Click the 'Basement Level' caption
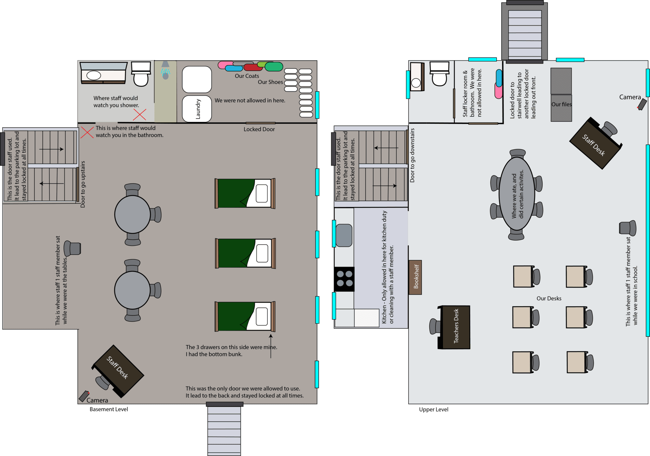109,409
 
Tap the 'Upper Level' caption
434,410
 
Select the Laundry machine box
197,109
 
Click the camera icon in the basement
84,396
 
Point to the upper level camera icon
642,105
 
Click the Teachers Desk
454,327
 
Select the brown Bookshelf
415,277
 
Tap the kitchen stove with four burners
344,279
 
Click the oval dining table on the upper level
517,194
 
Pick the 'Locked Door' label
259,129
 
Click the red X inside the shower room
139,115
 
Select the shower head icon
165,70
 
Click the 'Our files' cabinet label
561,104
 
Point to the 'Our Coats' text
247,76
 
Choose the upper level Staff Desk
595,144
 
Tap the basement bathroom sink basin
94,75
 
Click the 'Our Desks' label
549,298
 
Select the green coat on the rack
274,67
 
